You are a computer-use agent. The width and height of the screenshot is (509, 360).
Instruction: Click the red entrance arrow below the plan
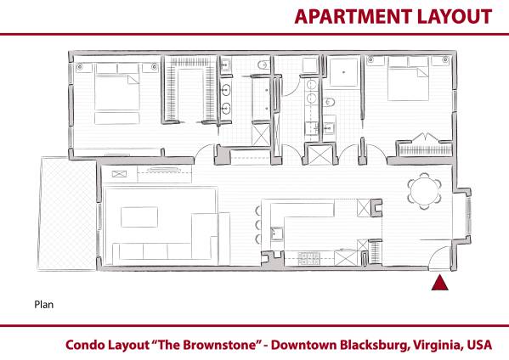[x=439, y=284]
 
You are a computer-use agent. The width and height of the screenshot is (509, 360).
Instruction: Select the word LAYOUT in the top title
[x=457, y=16]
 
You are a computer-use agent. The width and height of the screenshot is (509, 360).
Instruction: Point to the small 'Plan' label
[x=43, y=302]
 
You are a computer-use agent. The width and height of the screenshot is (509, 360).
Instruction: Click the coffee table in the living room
[x=139, y=217]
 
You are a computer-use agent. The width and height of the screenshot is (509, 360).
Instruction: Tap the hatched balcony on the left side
[x=68, y=212]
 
